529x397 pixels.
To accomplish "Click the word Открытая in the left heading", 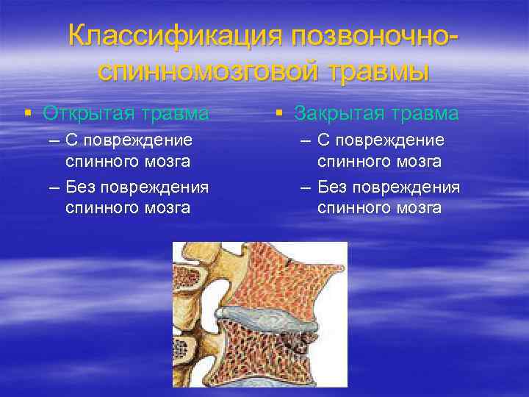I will [x=89, y=113].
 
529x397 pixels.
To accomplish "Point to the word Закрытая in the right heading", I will [x=341, y=113].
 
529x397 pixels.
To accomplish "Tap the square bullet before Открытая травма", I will [x=27, y=113].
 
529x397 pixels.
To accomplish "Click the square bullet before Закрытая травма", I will [x=278, y=113].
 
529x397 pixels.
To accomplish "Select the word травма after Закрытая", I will [x=426, y=113].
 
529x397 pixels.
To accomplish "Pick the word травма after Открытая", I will [x=174, y=113].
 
